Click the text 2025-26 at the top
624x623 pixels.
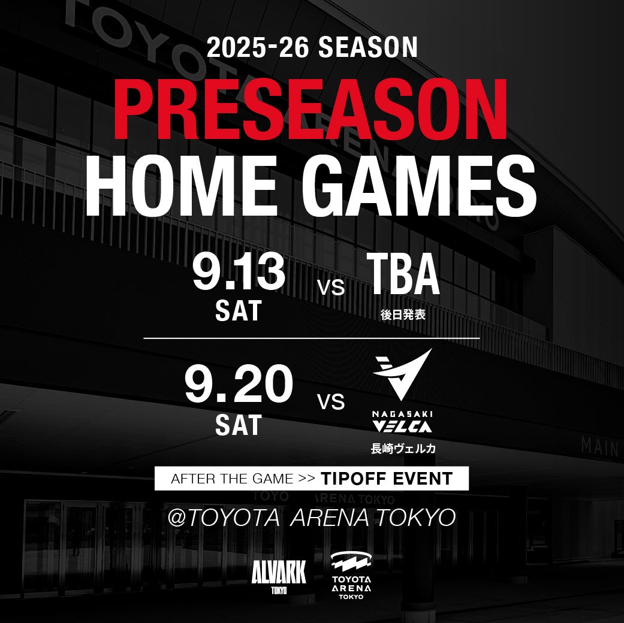[258, 47]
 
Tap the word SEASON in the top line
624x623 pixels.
[368, 47]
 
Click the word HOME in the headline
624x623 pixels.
[182, 186]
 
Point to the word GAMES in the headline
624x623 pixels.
[418, 186]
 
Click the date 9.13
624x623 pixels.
[239, 273]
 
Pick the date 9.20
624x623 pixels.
[239, 383]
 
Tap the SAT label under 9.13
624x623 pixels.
[238, 311]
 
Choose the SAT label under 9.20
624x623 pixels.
[238, 425]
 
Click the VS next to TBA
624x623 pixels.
[331, 287]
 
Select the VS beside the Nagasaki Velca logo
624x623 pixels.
[331, 402]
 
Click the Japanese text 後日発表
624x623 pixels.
[403, 314]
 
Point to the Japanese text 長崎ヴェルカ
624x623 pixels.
[403, 448]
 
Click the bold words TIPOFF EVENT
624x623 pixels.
[387, 479]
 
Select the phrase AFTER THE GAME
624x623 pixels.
[232, 479]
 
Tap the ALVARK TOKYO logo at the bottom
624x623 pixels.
[279, 576]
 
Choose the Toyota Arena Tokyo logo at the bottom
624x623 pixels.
[351, 575]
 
